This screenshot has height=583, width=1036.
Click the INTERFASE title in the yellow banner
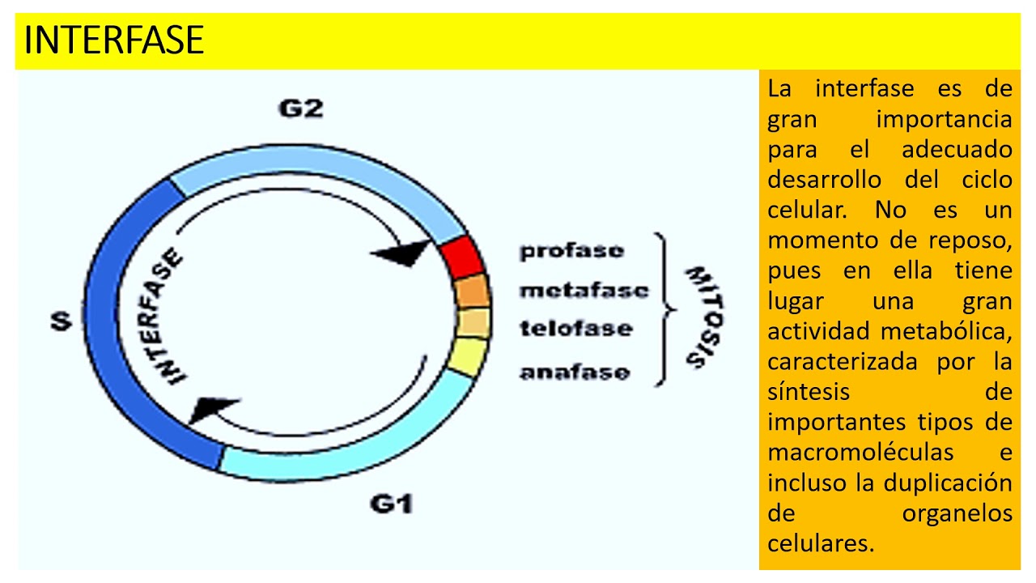tap(114, 40)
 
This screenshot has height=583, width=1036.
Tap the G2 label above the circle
tap(301, 109)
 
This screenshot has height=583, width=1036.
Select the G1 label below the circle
tap(392, 504)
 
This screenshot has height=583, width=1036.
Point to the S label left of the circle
tap(61, 321)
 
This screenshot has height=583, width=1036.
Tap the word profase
tap(571, 250)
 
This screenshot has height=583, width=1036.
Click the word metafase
tap(584, 290)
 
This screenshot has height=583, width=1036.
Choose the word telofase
tap(575, 329)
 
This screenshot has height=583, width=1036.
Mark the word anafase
tap(574, 373)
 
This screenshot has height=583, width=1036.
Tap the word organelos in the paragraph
tap(957, 513)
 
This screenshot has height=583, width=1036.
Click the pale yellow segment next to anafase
tap(468, 356)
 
